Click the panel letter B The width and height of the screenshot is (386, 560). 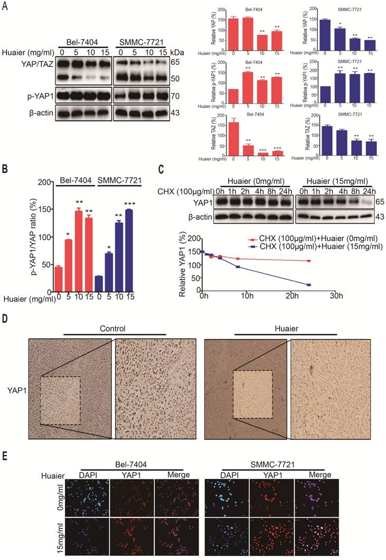(5, 170)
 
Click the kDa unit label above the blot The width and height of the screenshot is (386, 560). (189, 52)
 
